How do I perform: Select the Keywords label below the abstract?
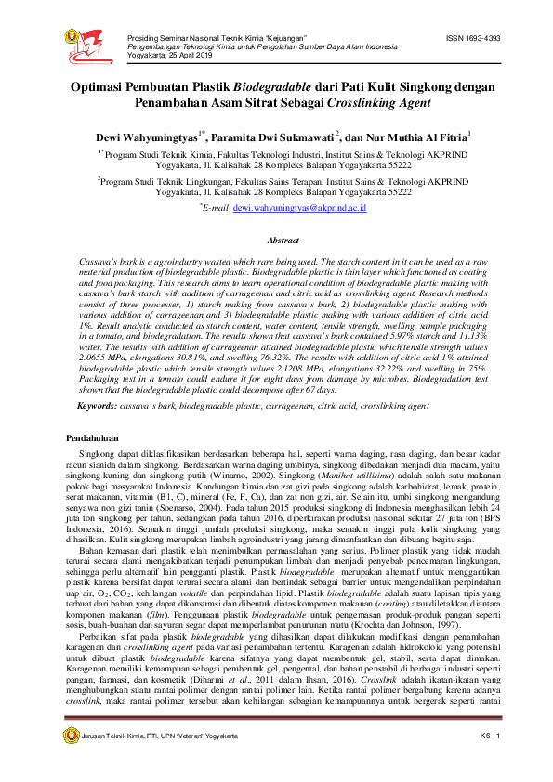96,406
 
